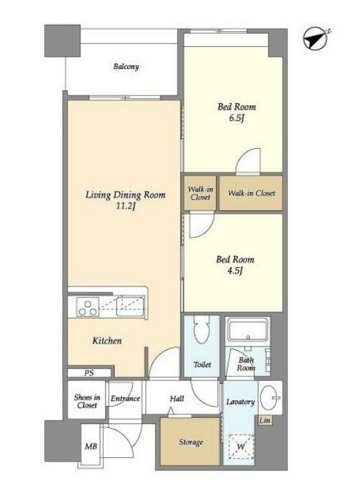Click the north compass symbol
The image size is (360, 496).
pos(316,39)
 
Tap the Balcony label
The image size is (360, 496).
pos(126,66)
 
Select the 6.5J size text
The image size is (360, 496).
pos(237,118)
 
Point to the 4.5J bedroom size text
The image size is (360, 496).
pos(235,271)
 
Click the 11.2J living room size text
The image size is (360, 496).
pos(125,207)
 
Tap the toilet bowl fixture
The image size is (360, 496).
pos(201,329)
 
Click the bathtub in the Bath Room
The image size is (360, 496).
pos(248,331)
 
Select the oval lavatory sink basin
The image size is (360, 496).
pos(268,397)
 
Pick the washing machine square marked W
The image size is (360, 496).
pos(241,446)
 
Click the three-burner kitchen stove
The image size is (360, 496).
pos(88,307)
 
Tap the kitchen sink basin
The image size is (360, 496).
pos(130,306)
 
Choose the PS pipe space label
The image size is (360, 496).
pos(89,373)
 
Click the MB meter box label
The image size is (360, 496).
pos(91,446)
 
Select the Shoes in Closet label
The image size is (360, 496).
pos(87,401)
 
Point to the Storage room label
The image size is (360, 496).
pos(190,442)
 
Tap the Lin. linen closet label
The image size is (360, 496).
pos(265,421)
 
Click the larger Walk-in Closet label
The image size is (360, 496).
pos(251,193)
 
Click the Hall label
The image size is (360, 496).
pos(177,398)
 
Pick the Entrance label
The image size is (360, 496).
pos(125,398)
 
